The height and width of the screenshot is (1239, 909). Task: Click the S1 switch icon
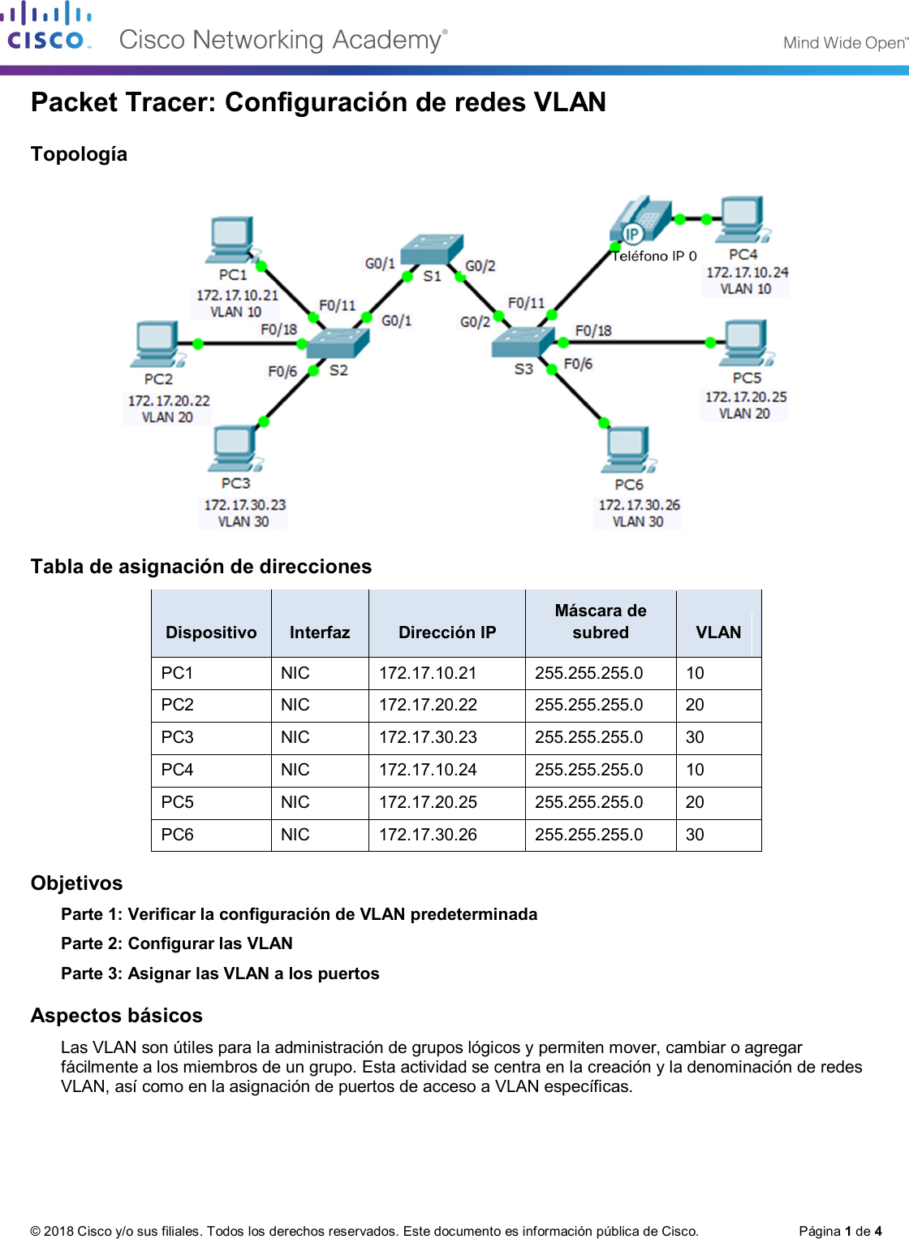(433, 248)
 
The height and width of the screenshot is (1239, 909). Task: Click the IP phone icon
(640, 219)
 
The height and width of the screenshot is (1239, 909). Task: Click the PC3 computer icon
(235, 449)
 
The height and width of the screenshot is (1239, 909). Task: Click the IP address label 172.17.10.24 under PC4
(747, 273)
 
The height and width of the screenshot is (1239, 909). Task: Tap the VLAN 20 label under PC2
(167, 417)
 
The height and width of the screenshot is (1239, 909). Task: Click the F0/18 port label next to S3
(593, 330)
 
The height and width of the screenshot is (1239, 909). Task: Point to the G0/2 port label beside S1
(480, 266)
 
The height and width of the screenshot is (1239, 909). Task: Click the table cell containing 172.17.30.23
(428, 737)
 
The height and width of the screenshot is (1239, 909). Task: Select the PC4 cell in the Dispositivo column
(178, 770)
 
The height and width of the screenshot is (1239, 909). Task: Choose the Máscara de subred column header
(601, 621)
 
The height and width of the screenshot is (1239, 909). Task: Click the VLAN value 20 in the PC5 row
(695, 802)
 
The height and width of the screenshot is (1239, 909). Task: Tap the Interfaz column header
(320, 632)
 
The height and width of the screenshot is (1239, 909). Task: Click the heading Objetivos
(77, 883)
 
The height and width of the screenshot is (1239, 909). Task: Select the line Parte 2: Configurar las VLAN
(177, 943)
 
